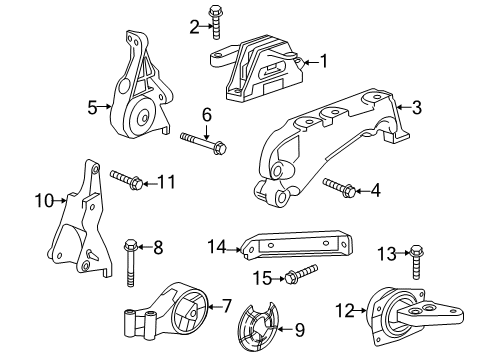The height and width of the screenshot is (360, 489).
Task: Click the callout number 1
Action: tap(323, 62)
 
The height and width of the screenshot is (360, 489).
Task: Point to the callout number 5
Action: tap(92, 106)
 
